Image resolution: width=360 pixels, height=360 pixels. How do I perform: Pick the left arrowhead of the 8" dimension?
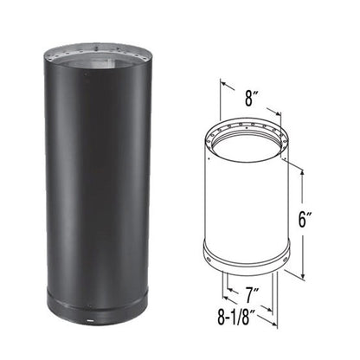click(222, 85)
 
